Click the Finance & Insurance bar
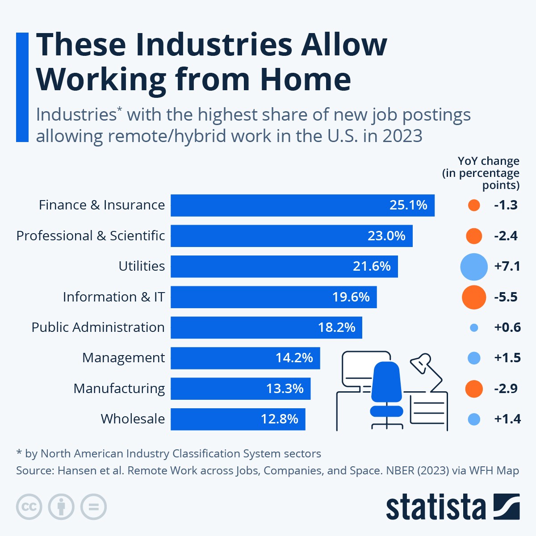[x=302, y=205]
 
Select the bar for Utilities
[x=284, y=266]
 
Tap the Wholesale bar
[x=238, y=419]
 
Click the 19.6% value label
[x=351, y=297]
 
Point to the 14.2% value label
[x=294, y=358]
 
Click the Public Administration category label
[x=98, y=327]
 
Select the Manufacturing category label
[x=119, y=389]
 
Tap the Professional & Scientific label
[x=90, y=236]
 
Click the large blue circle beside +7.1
[x=474, y=267]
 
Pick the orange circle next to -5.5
[x=474, y=297]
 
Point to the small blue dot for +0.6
[x=474, y=328]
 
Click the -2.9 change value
[x=506, y=389]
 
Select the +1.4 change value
[x=507, y=419]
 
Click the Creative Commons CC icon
[x=29, y=507]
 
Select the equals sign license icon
[x=94, y=507]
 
